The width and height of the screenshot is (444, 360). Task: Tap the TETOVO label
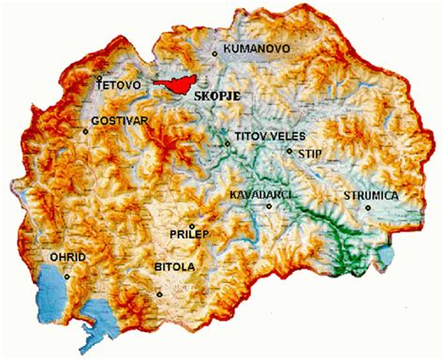coord(119,85)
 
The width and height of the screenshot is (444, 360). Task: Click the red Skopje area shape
coord(174,84)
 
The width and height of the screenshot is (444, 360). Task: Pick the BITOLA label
coord(174,268)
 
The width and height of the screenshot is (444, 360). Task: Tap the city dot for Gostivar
coord(86,131)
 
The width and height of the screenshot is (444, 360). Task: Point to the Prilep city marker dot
coord(192,226)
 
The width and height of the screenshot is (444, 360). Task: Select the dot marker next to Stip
coord(289,150)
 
